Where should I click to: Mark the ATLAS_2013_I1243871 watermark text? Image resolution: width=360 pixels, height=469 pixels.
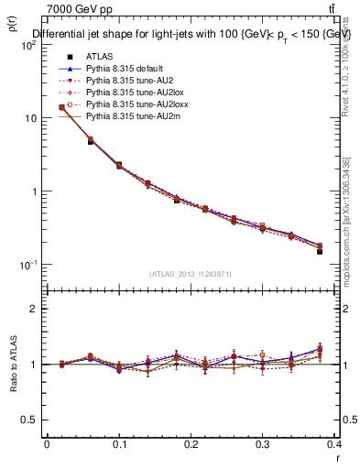click(191, 274)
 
